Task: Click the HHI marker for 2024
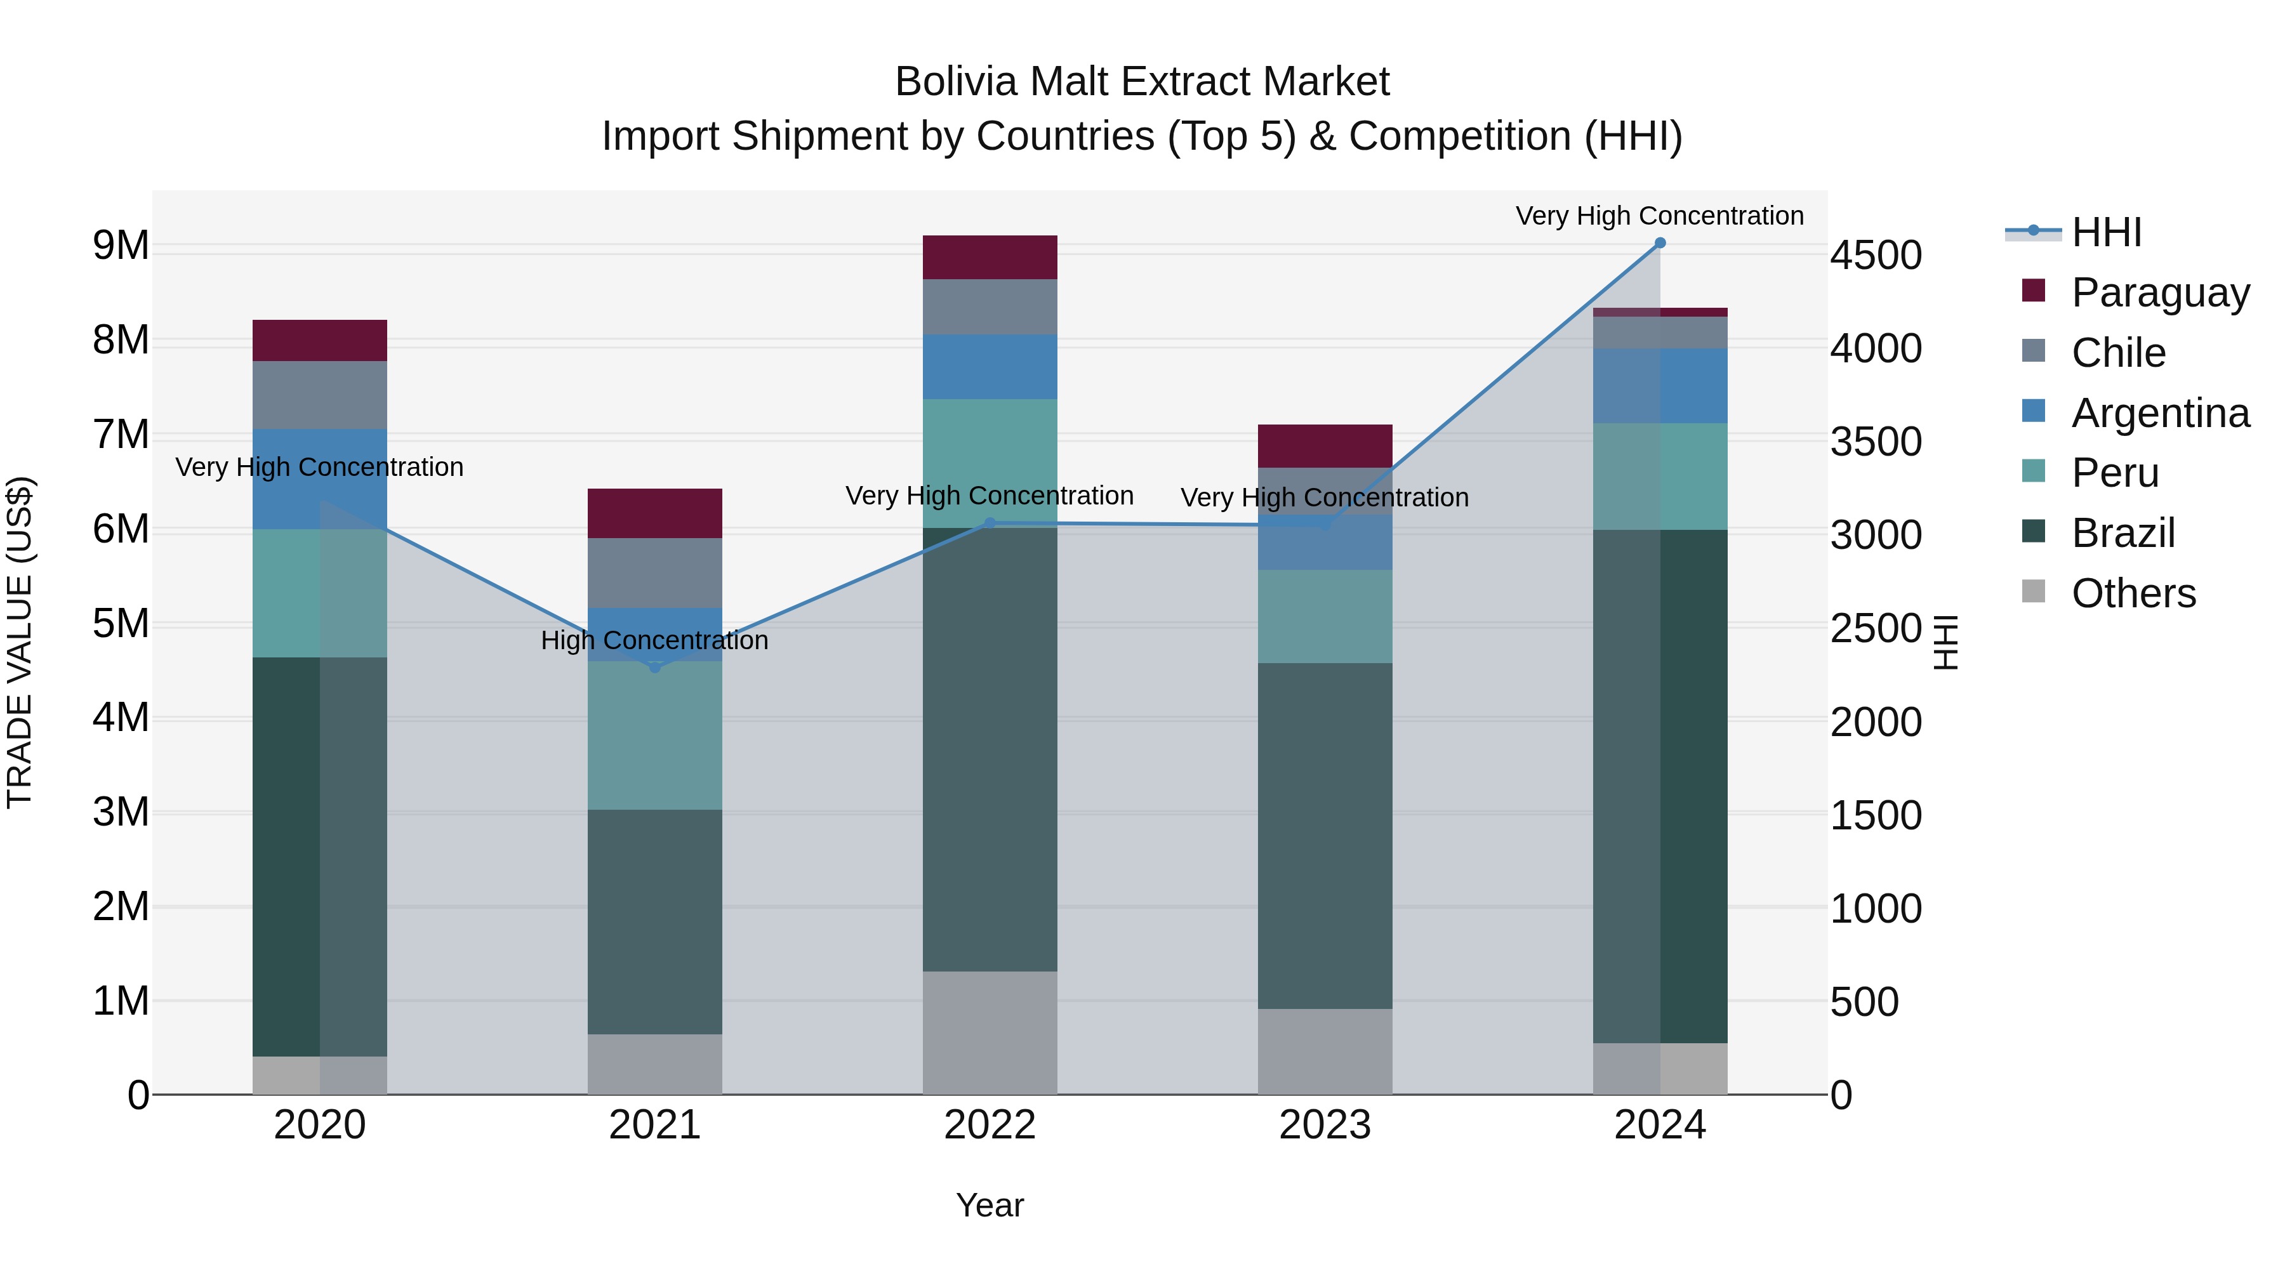[1660, 243]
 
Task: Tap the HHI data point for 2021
[654, 667]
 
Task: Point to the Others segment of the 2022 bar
[990, 1032]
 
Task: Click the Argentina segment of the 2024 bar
[1660, 386]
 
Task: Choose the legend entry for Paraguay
[2159, 293]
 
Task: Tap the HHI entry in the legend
[2106, 232]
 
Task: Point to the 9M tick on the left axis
[121, 246]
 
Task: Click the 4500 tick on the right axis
[1875, 255]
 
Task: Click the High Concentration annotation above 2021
[654, 640]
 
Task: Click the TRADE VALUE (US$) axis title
[20, 642]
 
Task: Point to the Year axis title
[990, 1205]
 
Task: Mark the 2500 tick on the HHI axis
[1875, 629]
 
